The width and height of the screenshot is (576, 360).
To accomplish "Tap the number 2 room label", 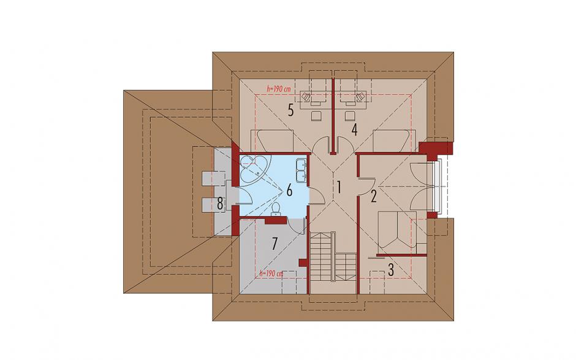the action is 374,197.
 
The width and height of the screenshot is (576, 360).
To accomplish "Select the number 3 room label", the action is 391,270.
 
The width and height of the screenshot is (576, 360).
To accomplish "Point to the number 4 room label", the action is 354,130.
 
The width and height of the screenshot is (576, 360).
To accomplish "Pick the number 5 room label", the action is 290,110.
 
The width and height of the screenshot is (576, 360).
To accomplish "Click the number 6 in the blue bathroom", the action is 289,191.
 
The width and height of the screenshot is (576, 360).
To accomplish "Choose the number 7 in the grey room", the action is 274,244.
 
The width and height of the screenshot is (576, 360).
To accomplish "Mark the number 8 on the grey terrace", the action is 219,204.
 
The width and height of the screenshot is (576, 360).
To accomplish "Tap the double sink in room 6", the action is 301,170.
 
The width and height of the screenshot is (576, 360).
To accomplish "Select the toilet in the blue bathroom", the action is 275,209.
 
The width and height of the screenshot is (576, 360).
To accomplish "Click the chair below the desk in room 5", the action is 317,116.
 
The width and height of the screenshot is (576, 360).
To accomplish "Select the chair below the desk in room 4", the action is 350,116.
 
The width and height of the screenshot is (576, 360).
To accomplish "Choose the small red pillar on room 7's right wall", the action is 303,262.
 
